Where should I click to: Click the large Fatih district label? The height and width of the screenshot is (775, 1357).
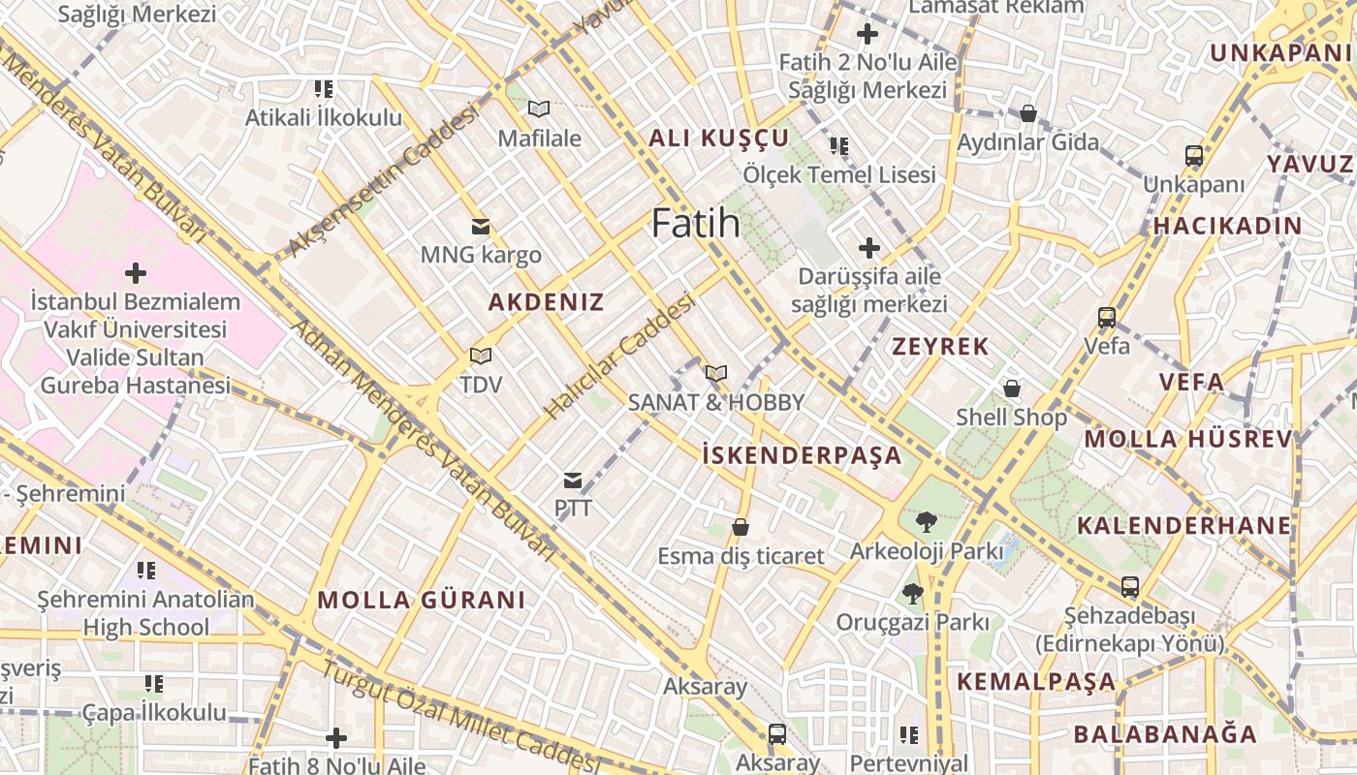tap(696, 224)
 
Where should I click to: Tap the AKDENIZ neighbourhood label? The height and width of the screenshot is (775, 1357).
tap(546, 302)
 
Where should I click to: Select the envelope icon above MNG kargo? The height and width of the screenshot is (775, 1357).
tap(480, 227)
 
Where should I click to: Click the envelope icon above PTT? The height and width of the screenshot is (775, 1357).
tap(573, 480)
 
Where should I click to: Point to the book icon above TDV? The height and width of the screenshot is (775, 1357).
tap(481, 356)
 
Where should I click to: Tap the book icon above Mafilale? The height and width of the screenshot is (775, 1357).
tap(539, 109)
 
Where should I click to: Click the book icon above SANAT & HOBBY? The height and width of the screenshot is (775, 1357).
tap(716, 373)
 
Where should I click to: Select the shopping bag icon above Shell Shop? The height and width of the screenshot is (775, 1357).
tap(1012, 388)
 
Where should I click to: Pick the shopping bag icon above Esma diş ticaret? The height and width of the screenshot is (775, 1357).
tap(741, 527)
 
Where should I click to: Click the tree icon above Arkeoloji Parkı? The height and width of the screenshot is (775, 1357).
tap(926, 522)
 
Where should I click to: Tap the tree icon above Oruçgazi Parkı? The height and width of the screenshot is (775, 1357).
tap(912, 593)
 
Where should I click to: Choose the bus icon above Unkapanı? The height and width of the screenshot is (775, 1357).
tap(1194, 155)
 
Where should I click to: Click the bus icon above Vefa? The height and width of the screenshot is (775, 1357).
tap(1106, 317)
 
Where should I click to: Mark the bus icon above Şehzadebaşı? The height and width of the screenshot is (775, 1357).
tap(1130, 586)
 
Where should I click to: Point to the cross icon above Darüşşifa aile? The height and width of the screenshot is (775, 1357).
tap(869, 248)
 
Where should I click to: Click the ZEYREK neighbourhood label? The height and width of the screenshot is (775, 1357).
tap(940, 347)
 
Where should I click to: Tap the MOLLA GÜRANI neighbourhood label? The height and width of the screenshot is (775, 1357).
tap(421, 600)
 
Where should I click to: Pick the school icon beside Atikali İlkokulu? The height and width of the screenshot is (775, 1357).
tap(324, 89)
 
